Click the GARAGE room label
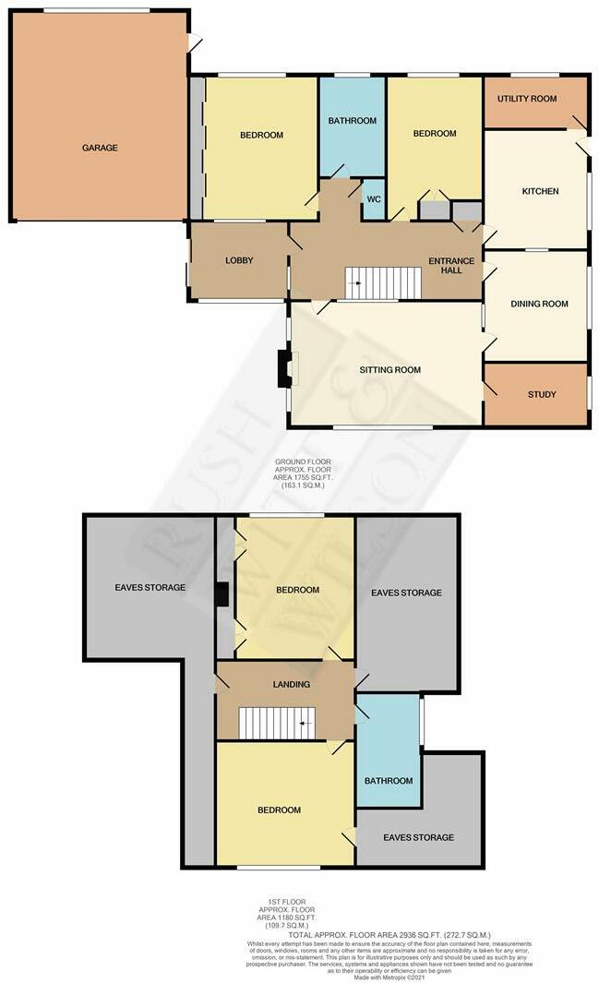coord(100,148)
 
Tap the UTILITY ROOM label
coord(527,99)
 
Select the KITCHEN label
coord(541,192)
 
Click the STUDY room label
coord(542,395)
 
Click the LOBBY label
coord(239,261)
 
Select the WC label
coord(374,199)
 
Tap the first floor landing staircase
coord(276,723)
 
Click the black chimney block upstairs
coord(222,593)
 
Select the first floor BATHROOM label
coord(388,781)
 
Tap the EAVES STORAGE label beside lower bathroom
coord(419,837)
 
